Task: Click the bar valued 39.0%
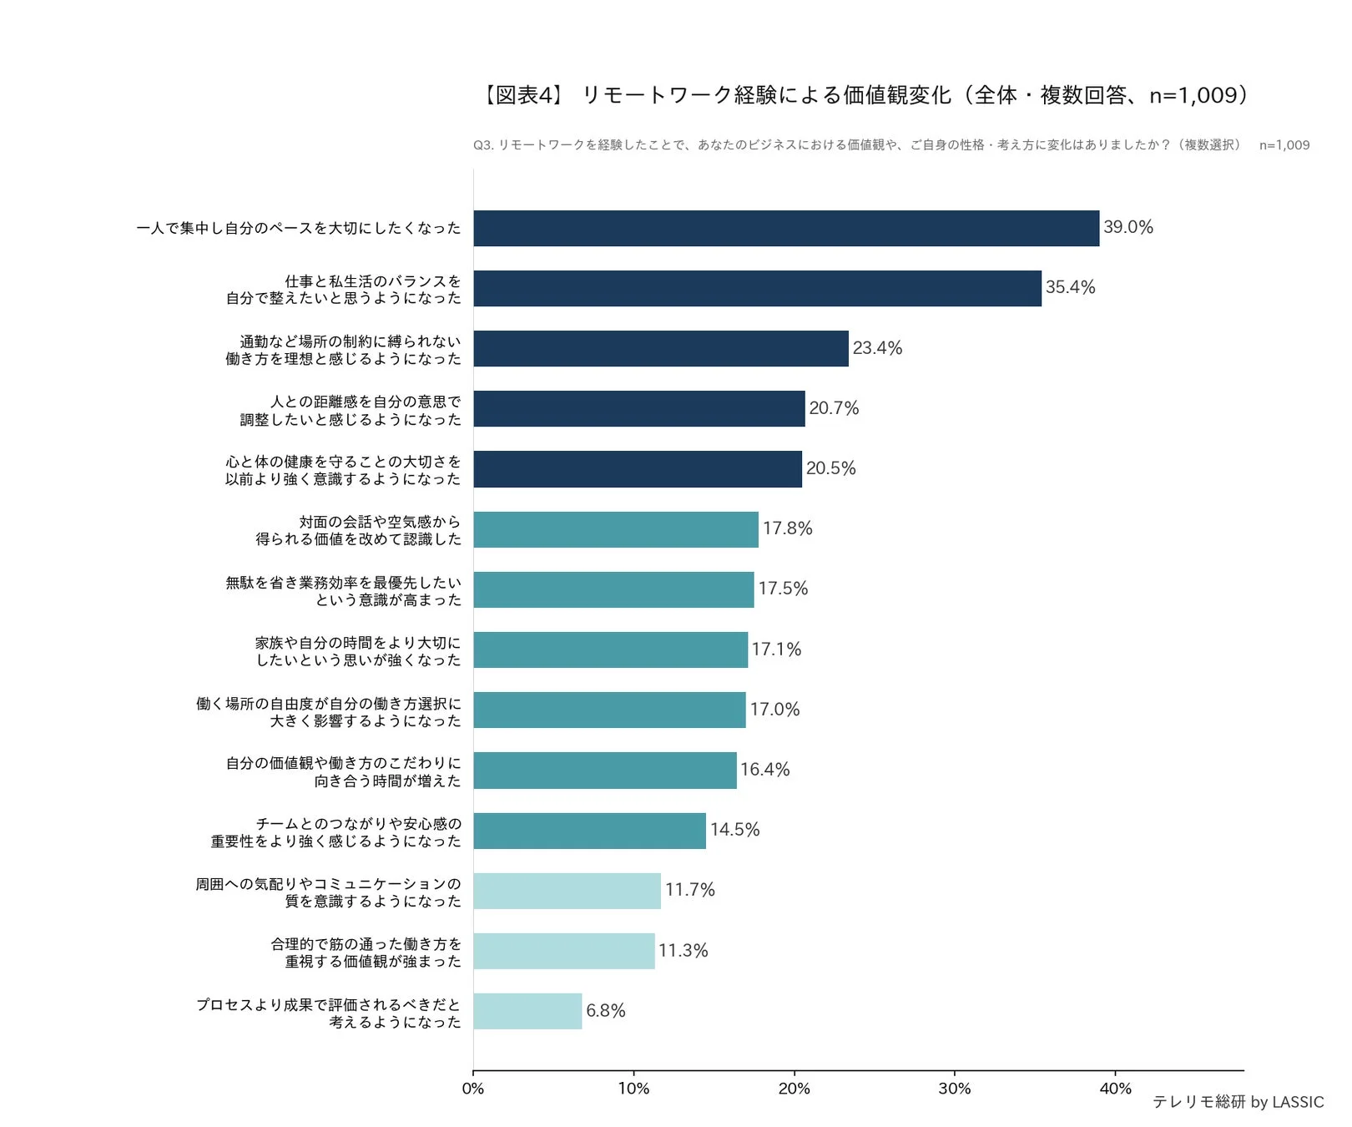786,228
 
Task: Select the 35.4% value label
1070,287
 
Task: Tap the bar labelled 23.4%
661,348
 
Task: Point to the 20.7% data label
834,408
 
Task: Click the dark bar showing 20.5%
638,469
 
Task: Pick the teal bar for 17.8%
616,529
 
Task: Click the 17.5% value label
783,589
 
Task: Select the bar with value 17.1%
611,649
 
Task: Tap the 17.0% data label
774,710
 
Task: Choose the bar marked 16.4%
605,770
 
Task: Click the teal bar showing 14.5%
590,831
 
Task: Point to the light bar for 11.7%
568,891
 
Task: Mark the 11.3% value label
683,951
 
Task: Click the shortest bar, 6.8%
527,1011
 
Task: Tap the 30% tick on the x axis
955,1089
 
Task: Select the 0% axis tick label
473,1089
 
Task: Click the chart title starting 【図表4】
865,95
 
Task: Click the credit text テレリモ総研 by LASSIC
1238,1102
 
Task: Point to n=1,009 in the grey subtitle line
1284,145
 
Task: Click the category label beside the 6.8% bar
328,1013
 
